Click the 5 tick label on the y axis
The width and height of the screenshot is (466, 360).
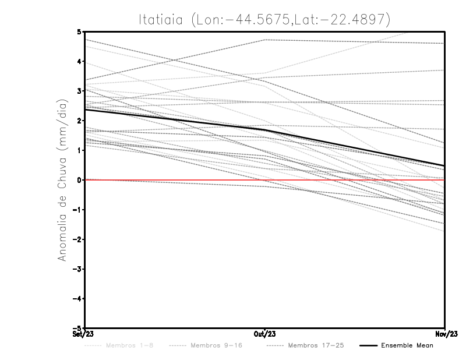tap(79, 31)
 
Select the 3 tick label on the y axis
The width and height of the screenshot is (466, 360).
tap(79, 91)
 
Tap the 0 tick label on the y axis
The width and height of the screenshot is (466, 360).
tap(79, 180)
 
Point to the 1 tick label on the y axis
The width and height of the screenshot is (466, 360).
tap(79, 150)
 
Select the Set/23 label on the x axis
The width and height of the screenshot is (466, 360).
tap(82, 334)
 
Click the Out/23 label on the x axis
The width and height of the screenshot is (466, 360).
tap(265, 334)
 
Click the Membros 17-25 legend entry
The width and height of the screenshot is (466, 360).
tap(316, 345)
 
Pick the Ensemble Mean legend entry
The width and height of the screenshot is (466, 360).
tap(407, 345)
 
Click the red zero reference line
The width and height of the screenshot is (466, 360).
tap(175, 180)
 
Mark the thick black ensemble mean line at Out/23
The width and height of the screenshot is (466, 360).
tap(265, 130)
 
